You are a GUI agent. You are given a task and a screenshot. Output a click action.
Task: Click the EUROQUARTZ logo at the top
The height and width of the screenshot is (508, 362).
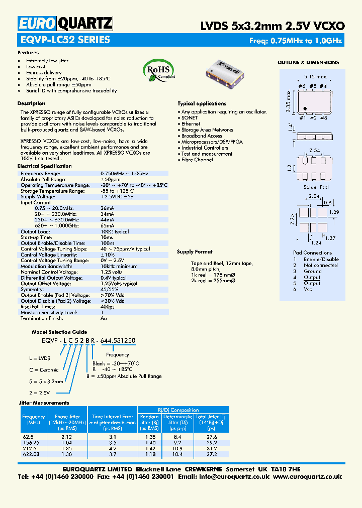tap(65, 23)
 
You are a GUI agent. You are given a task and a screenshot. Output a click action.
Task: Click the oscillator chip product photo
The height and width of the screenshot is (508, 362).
tap(226, 70)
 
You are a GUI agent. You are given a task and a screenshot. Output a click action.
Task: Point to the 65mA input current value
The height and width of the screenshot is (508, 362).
tap(108, 226)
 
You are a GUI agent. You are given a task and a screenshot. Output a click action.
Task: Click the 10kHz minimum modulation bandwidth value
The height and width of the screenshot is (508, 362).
tap(119, 266)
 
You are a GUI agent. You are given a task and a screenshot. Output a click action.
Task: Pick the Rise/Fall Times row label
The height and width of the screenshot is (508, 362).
tap(38, 306)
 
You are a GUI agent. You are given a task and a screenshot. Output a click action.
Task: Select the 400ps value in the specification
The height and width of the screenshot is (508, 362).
tap(108, 306)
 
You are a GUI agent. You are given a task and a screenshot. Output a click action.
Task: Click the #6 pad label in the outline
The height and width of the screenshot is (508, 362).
tap(302, 86)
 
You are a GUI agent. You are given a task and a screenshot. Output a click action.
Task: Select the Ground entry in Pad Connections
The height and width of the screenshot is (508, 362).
tap(312, 271)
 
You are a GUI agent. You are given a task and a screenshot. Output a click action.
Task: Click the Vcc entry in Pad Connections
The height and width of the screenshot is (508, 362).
tap(308, 289)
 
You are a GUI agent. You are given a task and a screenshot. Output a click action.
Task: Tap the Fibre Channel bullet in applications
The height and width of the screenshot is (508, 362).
tap(197, 160)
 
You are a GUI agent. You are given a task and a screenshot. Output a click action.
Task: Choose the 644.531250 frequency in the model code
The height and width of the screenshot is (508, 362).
tap(118, 341)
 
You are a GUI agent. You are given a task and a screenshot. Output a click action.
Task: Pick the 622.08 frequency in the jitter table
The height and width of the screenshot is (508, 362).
tap(31, 454)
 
